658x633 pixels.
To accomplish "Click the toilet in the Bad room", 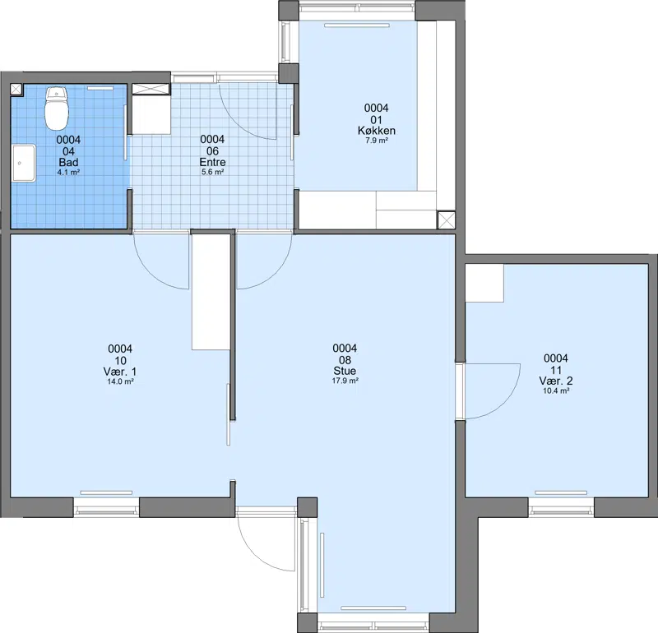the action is (57, 109).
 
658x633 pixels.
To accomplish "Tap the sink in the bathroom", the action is (24, 163).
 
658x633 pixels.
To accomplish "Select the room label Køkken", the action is (377, 131).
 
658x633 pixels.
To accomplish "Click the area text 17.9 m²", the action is (345, 381).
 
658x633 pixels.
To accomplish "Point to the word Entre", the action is (212, 162).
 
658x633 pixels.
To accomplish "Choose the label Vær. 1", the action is (120, 372).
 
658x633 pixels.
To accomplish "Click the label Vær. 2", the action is (556, 381).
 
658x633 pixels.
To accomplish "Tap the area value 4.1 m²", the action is (68, 172).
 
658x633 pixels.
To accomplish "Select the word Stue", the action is (345, 371).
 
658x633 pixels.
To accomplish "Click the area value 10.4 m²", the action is (556, 390).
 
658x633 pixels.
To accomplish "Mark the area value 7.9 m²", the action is (377, 141).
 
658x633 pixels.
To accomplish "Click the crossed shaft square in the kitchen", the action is (446, 219).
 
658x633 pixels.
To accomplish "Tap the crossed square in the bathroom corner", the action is (16, 90).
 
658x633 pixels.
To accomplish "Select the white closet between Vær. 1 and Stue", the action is (211, 292).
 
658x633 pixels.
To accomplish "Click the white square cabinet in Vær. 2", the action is (484, 283).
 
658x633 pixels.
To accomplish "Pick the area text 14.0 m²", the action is (120, 381).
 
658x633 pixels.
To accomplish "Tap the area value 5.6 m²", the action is (212, 172).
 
